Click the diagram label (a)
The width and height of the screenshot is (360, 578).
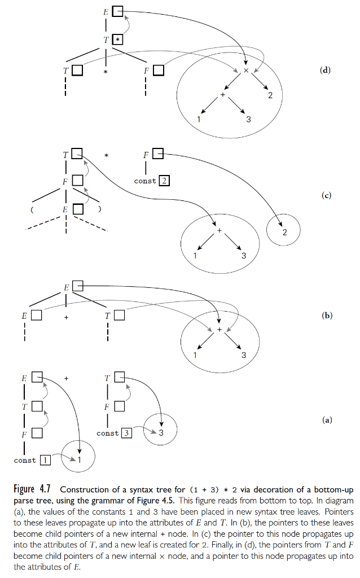point(326,420)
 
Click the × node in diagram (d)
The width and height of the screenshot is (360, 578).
point(246,71)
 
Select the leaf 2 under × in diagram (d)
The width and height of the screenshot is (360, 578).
point(270,95)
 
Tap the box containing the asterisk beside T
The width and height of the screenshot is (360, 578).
point(117,40)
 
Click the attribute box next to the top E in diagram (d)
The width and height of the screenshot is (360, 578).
point(117,11)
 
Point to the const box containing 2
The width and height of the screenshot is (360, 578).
point(164,181)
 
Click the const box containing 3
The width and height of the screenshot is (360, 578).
point(127,433)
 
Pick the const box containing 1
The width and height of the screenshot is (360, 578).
point(45,461)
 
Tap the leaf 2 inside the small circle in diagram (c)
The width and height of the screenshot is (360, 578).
point(284,233)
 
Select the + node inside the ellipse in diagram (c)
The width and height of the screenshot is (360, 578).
point(219,231)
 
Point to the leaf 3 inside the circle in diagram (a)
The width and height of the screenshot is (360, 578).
point(161,433)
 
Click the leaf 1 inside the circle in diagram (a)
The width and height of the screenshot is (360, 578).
point(80,460)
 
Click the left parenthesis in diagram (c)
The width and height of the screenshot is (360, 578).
point(32,209)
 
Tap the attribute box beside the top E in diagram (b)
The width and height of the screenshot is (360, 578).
point(78,287)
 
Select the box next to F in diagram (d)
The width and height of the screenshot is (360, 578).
point(159,71)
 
